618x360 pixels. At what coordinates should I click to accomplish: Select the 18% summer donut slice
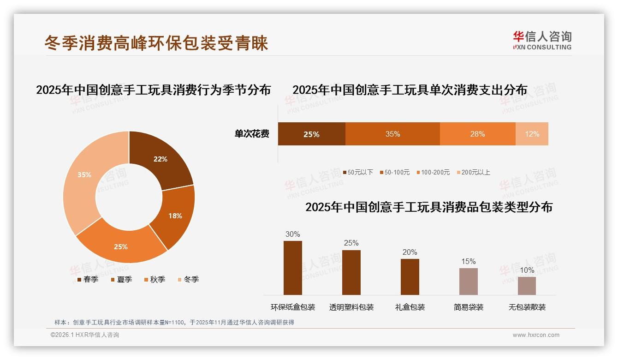tap(178, 217)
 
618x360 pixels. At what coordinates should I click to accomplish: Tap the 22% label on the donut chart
tap(160, 159)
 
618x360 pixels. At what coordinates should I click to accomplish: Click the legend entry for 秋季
tap(154, 279)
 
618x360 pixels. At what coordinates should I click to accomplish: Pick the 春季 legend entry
tap(88, 279)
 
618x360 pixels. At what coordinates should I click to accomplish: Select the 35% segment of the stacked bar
tap(392, 134)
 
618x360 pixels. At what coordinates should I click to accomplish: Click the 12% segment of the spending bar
tap(532, 134)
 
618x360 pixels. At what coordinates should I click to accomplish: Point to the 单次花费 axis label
tap(252, 134)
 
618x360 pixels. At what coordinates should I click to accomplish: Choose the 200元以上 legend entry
tap(474, 172)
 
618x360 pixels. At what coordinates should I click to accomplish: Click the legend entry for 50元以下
tap(358, 172)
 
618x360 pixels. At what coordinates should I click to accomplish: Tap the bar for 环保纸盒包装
tap(293, 268)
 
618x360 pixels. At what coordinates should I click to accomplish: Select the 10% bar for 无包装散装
tap(527, 286)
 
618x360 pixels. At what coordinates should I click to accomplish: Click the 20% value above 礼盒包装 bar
tap(410, 252)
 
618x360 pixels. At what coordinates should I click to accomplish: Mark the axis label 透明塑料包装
tap(351, 307)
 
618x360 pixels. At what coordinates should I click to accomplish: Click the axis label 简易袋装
tap(468, 307)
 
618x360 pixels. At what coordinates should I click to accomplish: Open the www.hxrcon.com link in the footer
tap(536, 335)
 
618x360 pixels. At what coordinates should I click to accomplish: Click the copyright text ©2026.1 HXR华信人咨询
tap(85, 335)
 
